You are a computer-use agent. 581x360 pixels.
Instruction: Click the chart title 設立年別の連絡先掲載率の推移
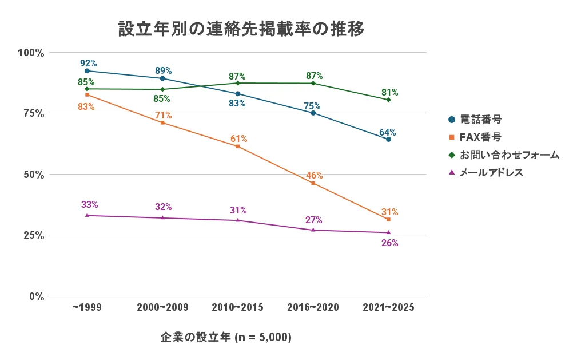pyautogui.click(x=241, y=29)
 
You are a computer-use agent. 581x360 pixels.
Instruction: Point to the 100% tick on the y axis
pyautogui.click(x=31, y=53)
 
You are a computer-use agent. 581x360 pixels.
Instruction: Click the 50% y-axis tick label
pyautogui.click(x=33, y=175)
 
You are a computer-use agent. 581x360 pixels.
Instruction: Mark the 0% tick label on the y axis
pyautogui.click(x=37, y=296)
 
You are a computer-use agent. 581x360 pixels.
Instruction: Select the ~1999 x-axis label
pyautogui.click(x=87, y=308)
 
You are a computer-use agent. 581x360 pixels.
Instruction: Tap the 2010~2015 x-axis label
pyautogui.click(x=237, y=308)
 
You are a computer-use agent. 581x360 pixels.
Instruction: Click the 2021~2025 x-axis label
pyautogui.click(x=388, y=308)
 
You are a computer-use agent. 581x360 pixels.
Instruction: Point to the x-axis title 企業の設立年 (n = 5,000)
pyautogui.click(x=226, y=338)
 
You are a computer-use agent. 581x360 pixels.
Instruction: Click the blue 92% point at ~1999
pyautogui.click(x=87, y=71)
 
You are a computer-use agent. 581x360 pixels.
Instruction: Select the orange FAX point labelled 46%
pyautogui.click(x=313, y=183)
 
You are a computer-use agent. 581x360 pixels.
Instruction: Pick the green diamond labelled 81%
pyautogui.click(x=388, y=100)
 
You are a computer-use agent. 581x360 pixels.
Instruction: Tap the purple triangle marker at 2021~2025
pyautogui.click(x=388, y=232)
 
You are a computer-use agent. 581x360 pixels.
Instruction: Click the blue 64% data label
pyautogui.click(x=388, y=132)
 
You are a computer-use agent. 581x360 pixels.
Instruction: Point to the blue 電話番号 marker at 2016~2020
pyautogui.click(x=313, y=113)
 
